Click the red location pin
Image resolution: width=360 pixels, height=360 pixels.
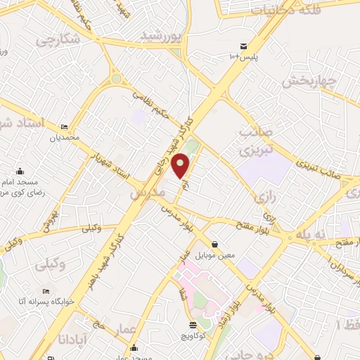coord(182,165)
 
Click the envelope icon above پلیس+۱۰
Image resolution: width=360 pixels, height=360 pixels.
coord(245,44)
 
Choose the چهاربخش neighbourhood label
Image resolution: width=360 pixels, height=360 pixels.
coord(306,82)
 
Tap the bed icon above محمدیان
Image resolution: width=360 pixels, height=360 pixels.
coord(65,127)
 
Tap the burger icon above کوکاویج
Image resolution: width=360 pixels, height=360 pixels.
coord(193,325)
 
